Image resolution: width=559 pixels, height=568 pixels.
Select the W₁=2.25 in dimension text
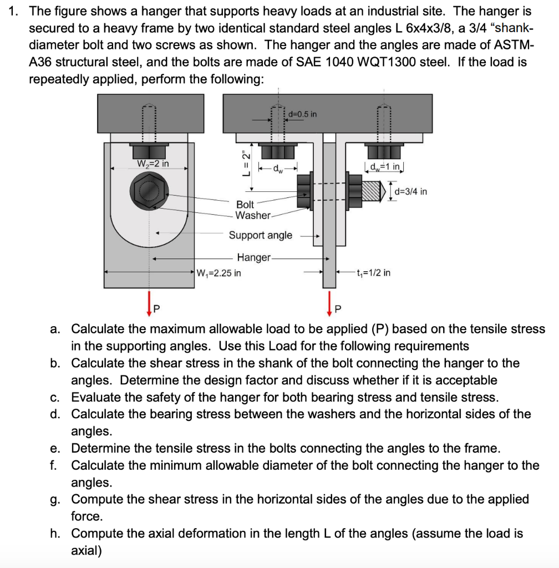(218, 273)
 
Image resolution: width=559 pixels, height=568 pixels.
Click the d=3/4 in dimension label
(410, 192)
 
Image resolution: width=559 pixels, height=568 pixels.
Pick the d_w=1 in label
(383, 164)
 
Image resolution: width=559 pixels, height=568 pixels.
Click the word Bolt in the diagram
(245, 205)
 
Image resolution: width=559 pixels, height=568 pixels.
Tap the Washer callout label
(253, 215)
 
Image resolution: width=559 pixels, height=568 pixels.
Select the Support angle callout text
(260, 235)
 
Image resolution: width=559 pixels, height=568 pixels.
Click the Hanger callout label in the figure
(253, 257)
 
